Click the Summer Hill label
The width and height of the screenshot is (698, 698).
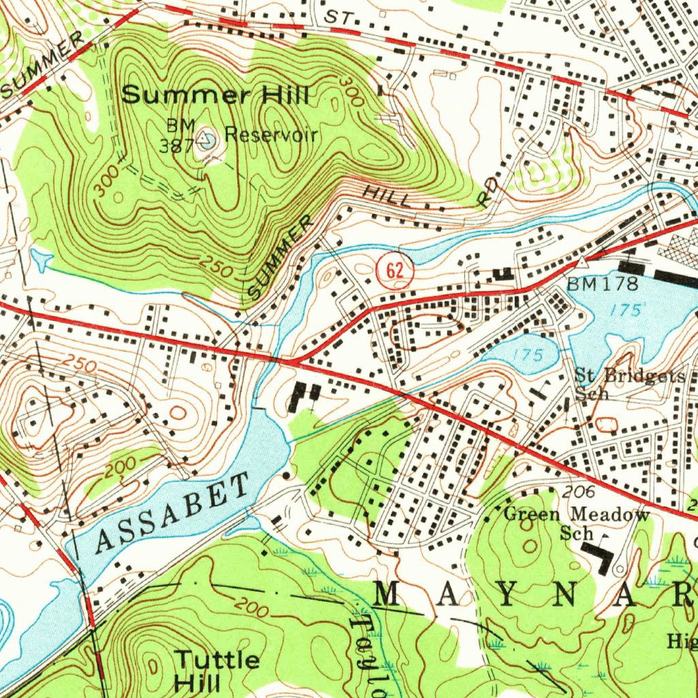tap(215, 95)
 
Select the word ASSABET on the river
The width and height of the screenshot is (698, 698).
tap(173, 514)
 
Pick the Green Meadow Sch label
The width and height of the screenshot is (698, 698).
tap(577, 523)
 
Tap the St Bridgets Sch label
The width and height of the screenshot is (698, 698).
tap(628, 384)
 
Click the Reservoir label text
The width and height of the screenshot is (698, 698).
tap(271, 134)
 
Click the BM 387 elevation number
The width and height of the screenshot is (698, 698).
tap(172, 145)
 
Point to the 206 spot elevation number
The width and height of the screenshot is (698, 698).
tap(580, 492)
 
